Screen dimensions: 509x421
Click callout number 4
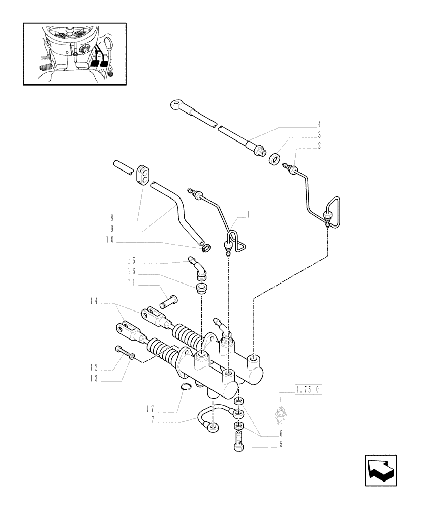(x=319, y=124)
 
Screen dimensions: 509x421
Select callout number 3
(x=319, y=135)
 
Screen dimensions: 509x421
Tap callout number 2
(x=319, y=146)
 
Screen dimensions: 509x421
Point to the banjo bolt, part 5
(x=238, y=439)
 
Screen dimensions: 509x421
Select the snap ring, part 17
(x=187, y=389)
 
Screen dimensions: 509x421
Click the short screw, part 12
(x=119, y=351)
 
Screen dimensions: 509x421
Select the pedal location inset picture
(x=74, y=53)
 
